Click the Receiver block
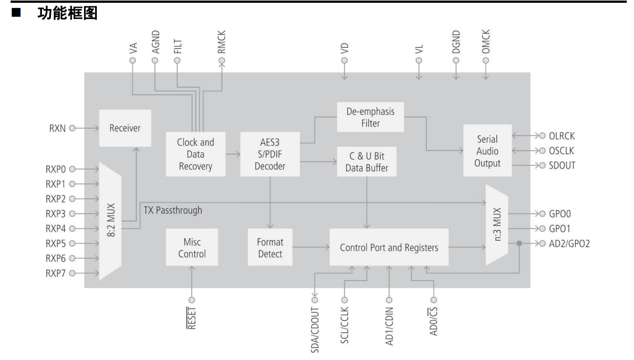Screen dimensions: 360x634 coord(125,128)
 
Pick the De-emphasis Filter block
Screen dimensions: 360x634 coord(370,117)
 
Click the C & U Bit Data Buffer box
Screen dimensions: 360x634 coord(363,162)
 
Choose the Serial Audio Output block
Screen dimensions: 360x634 coord(487,151)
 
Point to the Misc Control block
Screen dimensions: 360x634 coord(192,248)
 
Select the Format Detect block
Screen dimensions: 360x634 coord(270,248)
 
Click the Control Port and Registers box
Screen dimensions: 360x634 coord(388,247)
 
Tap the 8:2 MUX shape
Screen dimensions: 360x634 coord(110,221)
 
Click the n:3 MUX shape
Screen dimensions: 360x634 coord(496,225)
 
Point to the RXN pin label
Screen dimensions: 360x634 coord(58,128)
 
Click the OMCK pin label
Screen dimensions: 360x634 coord(486,43)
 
